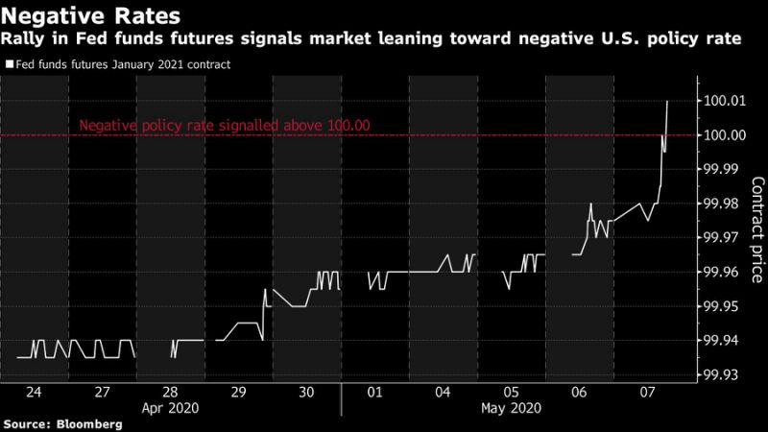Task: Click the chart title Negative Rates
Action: click(x=90, y=15)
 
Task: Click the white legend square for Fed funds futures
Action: click(x=10, y=64)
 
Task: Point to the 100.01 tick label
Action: click(x=725, y=101)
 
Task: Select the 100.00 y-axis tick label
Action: click(x=725, y=135)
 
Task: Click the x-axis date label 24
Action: click(x=34, y=392)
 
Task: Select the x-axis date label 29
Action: click(x=238, y=392)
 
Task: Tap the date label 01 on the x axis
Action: click(x=374, y=392)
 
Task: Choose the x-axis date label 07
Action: click(x=647, y=392)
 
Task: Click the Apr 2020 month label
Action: click(x=171, y=408)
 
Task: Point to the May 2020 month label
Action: click(x=512, y=408)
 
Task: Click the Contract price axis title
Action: click(x=757, y=229)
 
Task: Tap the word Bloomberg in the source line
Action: click(x=89, y=424)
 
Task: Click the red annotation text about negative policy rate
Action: click(x=225, y=126)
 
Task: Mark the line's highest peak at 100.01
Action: click(x=667, y=102)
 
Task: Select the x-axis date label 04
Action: click(x=443, y=392)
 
